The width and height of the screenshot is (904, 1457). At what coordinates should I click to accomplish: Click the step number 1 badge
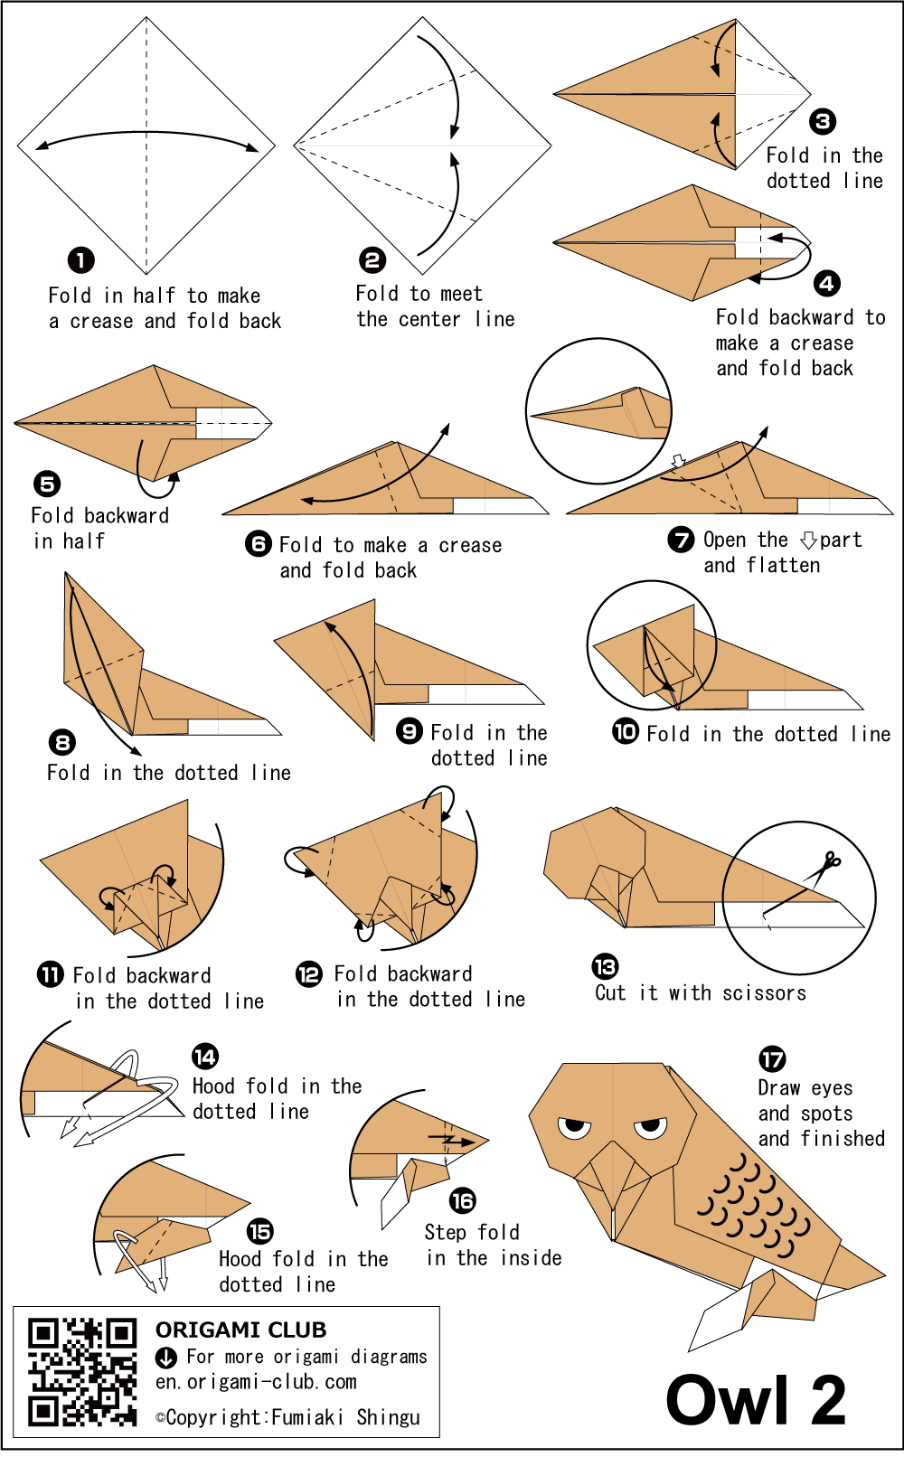[x=81, y=261]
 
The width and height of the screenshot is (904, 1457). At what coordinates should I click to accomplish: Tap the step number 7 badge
[x=681, y=540]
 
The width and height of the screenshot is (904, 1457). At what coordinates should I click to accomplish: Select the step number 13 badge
[x=605, y=966]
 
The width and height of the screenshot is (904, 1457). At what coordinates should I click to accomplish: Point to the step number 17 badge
[x=772, y=1059]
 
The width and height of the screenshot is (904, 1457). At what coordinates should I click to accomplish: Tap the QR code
[x=82, y=1372]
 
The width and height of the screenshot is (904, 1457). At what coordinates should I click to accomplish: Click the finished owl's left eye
[x=574, y=1129]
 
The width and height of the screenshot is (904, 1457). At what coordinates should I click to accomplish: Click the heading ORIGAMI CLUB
[x=240, y=1330]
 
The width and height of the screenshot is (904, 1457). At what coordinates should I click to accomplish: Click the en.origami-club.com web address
[x=256, y=1382]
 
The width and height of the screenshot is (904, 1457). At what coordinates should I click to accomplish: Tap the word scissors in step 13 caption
[x=764, y=993]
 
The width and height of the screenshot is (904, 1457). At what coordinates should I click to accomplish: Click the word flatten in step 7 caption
[x=783, y=565]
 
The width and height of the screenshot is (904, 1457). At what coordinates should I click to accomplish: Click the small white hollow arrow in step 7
[x=678, y=461]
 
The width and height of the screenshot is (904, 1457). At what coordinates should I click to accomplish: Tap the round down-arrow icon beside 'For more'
[x=165, y=1358]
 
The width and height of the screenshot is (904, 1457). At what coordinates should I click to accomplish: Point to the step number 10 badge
[x=626, y=732]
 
